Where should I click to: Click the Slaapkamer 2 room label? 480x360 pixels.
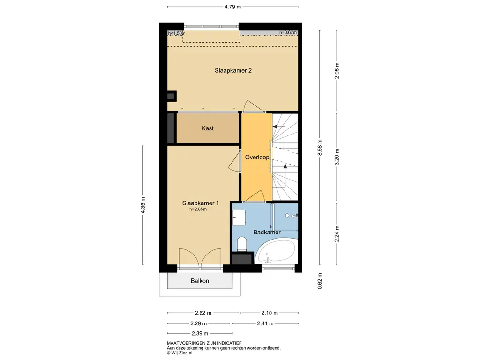pos(233,70)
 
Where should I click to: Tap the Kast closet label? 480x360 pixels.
pos(208,128)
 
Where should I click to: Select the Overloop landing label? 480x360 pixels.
pos(257,157)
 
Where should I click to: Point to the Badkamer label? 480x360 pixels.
pos(267,232)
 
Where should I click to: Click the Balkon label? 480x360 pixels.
pos(200,281)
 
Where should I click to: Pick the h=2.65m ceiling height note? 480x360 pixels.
pos(198,210)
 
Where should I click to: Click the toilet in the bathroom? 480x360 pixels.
pos(242,244)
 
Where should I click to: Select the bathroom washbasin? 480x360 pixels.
pos(239,217)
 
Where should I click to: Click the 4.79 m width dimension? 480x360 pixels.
pos(232,7)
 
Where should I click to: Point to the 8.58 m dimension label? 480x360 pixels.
pos(320,148)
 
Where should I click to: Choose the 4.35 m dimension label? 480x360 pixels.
pos(143,205)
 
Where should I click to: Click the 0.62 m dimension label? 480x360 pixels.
pos(320,281)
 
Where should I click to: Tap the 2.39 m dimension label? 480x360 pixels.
pos(200,333)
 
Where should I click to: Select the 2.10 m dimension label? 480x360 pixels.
pos(270,313)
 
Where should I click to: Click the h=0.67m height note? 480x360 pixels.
pos(288,33)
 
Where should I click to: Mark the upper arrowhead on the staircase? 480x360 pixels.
pos(275,127)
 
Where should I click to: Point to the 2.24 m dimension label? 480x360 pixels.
pos(337,234)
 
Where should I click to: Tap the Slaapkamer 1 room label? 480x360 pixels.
pos(201,203)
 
